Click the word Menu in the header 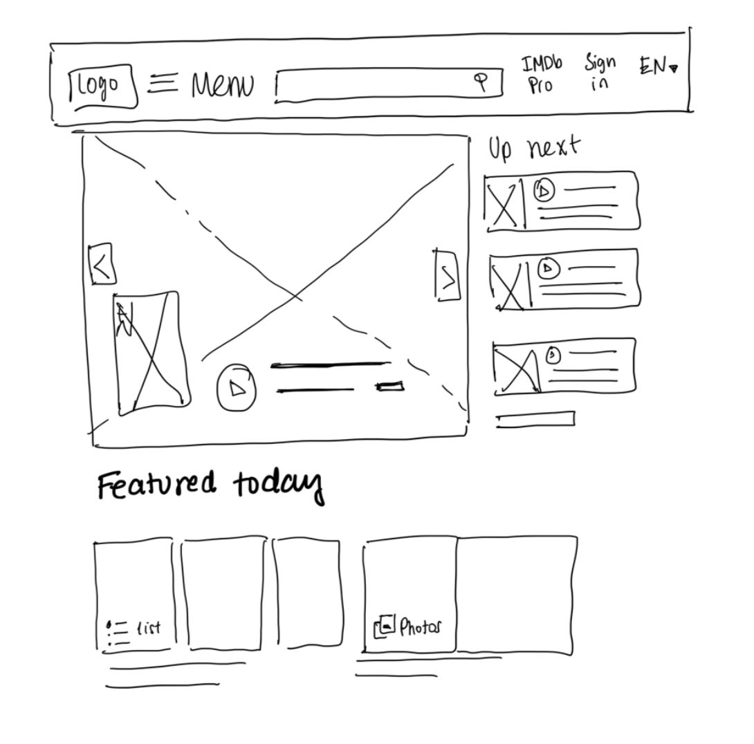(222, 86)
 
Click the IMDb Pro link (542, 75)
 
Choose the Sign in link (600, 73)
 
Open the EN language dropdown (658, 66)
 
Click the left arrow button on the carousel (102, 265)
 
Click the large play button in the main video (237, 387)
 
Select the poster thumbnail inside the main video (151, 353)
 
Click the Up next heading (534, 147)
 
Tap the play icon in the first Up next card (544, 189)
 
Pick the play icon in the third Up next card (552, 355)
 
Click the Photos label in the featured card (419, 628)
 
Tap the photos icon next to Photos (385, 626)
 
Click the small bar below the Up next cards (535, 419)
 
